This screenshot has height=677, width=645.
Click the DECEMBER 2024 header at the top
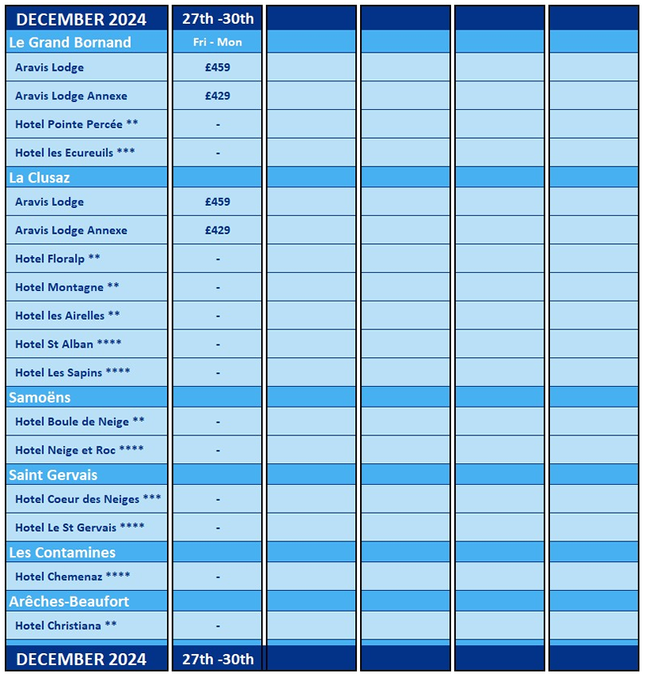coord(81,19)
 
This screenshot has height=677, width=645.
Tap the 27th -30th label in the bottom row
coord(218,659)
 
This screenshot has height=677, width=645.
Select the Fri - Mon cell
coord(217,42)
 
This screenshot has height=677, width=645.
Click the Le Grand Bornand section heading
coord(70,42)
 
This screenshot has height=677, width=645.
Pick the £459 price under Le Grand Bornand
coord(217,68)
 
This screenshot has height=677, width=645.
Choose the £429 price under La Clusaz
coord(217,230)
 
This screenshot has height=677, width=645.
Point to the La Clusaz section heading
coord(40,177)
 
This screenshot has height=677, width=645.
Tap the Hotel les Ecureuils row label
coord(75,152)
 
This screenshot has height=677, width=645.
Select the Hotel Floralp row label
coord(57,258)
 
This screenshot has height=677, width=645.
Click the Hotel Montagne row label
coord(67,287)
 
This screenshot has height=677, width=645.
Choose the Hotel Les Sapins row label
coord(73,372)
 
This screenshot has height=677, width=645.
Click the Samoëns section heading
coord(40,397)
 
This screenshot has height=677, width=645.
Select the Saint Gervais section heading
coord(53,474)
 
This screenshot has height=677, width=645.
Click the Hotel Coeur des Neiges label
coord(88,499)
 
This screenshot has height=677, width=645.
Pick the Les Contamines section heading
coord(62,552)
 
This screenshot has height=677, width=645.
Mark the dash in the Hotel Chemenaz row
coord(218,577)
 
